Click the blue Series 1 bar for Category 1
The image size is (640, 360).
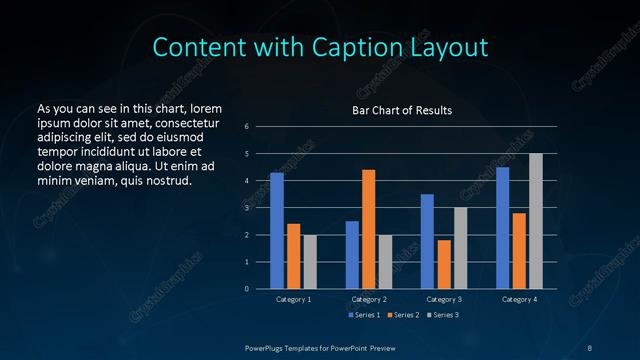(277, 231)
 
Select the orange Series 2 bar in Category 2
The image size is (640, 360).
(368, 229)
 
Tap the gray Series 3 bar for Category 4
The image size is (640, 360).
(535, 221)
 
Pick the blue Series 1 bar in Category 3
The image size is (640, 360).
(427, 241)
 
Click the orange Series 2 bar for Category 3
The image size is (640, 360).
(443, 264)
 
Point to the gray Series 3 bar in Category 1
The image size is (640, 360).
(310, 262)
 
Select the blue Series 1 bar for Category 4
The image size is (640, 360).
(502, 228)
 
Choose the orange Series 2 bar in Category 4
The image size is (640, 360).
(518, 251)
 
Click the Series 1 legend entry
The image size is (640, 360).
(363, 315)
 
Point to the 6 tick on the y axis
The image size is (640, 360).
(247, 127)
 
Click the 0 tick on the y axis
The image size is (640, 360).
(247, 289)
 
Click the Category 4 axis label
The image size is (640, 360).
(518, 299)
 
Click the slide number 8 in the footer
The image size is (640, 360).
(590, 347)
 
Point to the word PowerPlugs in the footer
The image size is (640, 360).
(268, 347)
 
